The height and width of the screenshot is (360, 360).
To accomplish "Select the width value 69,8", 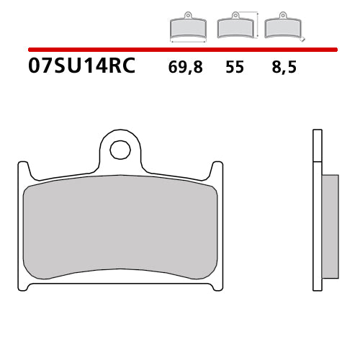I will pos(186,68).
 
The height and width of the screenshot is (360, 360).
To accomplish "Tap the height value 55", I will pos(234,68).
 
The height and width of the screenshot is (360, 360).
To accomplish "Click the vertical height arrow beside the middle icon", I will pos(256,24).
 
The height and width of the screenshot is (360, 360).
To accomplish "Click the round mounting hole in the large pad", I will pos(120,150).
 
